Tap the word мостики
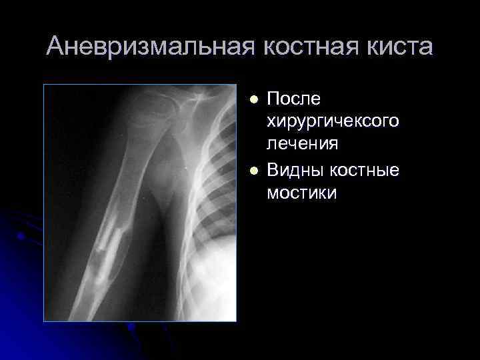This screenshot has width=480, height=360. tap(301, 193)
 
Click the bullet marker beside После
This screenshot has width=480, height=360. tap(253, 100)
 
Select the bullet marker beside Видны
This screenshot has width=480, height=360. tap(253, 171)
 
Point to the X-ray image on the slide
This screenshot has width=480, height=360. tap(140, 203)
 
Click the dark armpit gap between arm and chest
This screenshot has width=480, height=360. tap(170, 200)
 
